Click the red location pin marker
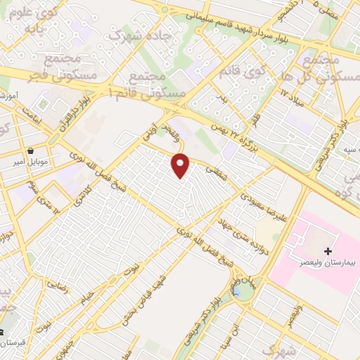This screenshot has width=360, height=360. click(181, 165)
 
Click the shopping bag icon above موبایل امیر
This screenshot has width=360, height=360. click(32, 151)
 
